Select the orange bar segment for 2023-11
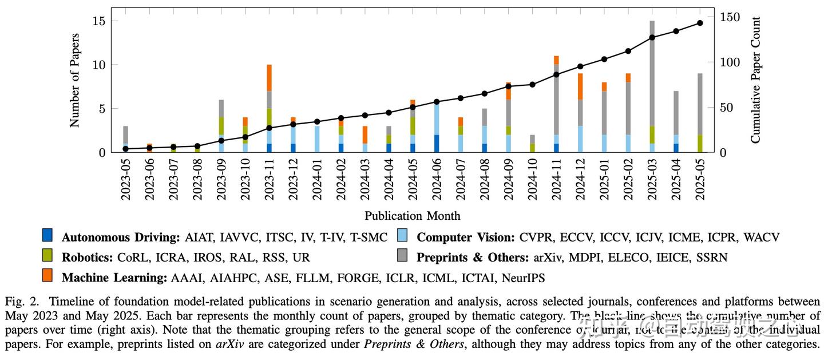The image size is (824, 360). pyautogui.click(x=269, y=77)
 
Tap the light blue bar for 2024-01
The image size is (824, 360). pyautogui.click(x=317, y=139)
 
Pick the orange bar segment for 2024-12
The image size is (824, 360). pyautogui.click(x=580, y=86)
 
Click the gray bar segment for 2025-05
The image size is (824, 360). pyautogui.click(x=700, y=104)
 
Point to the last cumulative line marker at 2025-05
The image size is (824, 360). pyautogui.click(x=700, y=23)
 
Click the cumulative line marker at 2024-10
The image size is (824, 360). pyautogui.click(x=532, y=85)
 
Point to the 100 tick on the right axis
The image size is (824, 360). pyautogui.click(x=723, y=62)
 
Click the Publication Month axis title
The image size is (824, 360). pyautogui.click(x=412, y=216)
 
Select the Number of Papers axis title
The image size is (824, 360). pyautogui.click(x=74, y=80)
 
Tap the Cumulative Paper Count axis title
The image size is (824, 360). pyautogui.click(x=755, y=80)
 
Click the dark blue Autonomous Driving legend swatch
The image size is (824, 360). pyautogui.click(x=47, y=235)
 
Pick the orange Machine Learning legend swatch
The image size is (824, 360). pyautogui.click(x=47, y=276)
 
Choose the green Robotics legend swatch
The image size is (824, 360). pyautogui.click(x=47, y=255)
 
